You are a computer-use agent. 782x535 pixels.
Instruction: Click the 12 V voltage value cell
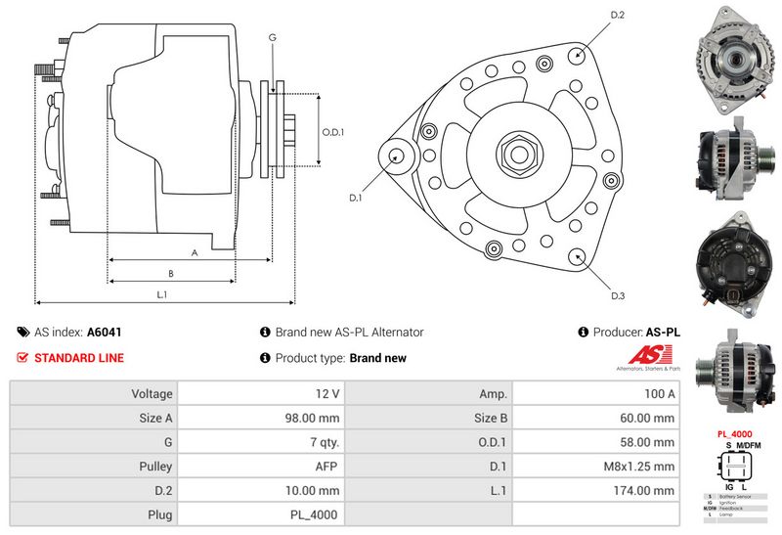point(327,394)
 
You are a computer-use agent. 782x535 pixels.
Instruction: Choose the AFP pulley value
point(328,467)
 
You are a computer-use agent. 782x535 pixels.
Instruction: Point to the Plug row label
point(158,514)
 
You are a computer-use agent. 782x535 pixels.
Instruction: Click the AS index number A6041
point(105,333)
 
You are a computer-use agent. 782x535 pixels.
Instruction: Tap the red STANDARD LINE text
point(79,358)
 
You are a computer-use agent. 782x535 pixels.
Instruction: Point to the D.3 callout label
point(618,296)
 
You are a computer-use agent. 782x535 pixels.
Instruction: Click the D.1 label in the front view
point(355,198)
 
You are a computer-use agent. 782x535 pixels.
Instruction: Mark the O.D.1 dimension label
point(333,132)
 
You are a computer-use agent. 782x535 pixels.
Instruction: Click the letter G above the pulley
point(273,38)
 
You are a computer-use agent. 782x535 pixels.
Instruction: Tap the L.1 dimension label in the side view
point(162,294)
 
